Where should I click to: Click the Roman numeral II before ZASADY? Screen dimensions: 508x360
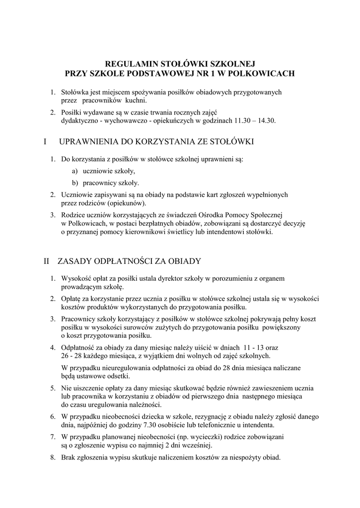(48, 261)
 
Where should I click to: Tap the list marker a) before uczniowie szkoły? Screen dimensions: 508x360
(74, 171)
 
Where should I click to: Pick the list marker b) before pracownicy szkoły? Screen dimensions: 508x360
(74, 183)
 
